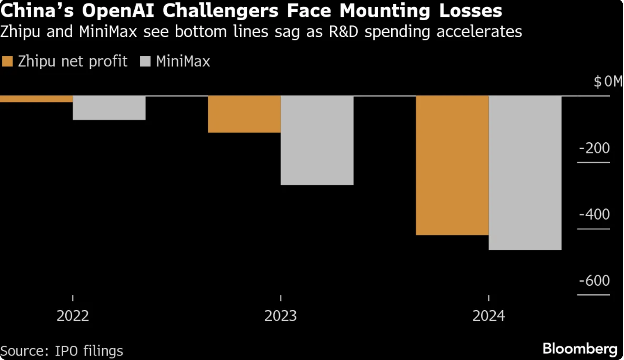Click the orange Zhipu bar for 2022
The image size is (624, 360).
pos(36,99)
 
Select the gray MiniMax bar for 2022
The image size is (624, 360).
pos(109,108)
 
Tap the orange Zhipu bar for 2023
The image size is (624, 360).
pos(244,114)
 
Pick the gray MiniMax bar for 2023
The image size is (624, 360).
pos(317,140)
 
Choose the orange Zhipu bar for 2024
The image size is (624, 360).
pos(452,165)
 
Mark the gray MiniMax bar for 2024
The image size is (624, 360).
pos(525,173)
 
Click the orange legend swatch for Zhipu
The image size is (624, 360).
pos(7,62)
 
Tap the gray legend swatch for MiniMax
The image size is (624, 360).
pos(145,62)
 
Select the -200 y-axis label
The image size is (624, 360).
pos(594,148)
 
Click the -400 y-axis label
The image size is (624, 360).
pos(594,214)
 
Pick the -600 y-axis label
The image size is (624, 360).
pos(594,281)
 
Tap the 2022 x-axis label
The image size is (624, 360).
pos(73,316)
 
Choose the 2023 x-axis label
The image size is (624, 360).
pos(280,316)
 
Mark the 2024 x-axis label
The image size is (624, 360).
pos(488,316)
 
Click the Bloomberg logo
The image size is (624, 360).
pos(580,349)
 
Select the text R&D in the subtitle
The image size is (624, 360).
pos(344,32)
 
